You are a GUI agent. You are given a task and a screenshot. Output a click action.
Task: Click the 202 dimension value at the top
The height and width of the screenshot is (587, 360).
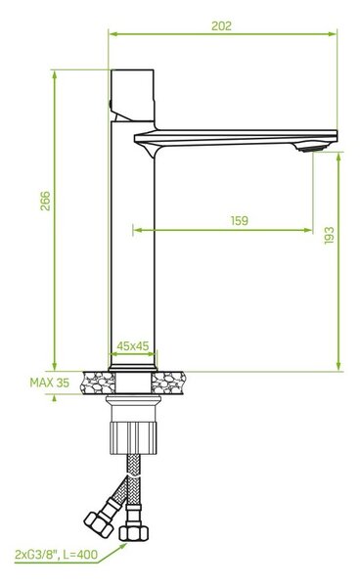click(221, 25)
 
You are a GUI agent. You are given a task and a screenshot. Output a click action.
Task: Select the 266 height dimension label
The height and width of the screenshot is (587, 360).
click(45, 201)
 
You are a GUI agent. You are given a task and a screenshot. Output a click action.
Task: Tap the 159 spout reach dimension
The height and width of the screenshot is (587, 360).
click(240, 220)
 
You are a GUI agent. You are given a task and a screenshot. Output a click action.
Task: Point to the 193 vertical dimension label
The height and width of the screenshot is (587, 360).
click(329, 235)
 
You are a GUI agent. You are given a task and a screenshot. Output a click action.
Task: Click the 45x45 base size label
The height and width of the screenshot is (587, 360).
click(133, 346)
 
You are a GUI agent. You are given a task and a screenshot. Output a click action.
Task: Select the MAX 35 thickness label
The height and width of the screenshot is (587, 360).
click(50, 383)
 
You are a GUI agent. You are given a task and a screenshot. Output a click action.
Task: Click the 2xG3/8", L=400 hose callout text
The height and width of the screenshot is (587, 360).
click(56, 554)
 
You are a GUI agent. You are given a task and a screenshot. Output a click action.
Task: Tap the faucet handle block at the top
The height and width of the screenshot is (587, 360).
click(132, 95)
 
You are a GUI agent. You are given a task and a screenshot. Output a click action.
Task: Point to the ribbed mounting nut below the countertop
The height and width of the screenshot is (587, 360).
click(133, 437)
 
